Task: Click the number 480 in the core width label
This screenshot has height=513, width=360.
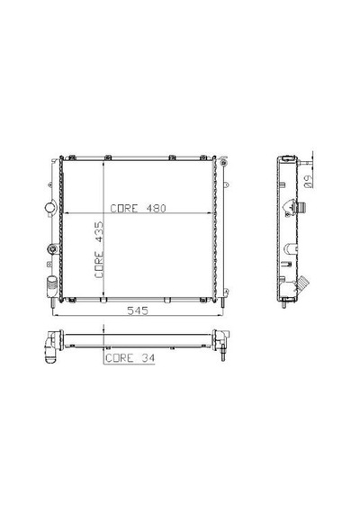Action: click(156, 209)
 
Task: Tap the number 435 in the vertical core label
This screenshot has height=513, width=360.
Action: click(99, 232)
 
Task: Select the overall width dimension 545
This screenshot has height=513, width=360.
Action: click(138, 310)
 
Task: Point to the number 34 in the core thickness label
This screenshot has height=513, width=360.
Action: click(148, 358)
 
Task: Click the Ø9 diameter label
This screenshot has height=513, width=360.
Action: click(309, 181)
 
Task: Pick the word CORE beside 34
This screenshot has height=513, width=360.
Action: click(120, 358)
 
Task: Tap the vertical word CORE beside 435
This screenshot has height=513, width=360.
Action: click(99, 265)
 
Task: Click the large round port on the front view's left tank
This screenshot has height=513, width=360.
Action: click(50, 207)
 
